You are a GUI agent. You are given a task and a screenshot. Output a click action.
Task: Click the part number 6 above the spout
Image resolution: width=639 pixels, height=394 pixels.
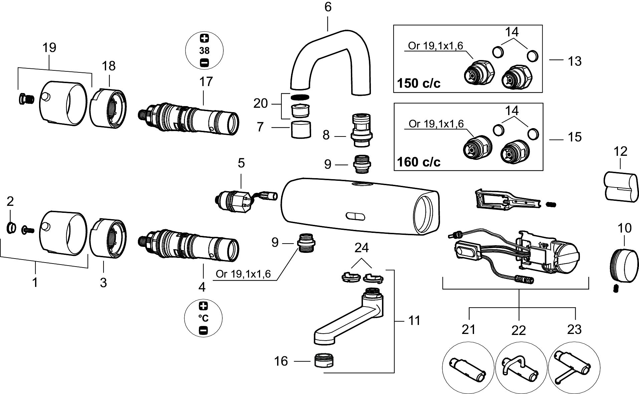pos(328,7)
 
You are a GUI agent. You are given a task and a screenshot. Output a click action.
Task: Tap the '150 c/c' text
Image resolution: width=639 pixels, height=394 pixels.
pos(419,83)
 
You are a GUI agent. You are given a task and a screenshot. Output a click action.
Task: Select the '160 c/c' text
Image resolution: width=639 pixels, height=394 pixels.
pos(419,162)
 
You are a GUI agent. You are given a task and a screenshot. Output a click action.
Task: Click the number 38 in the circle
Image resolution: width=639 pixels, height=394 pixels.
pos(204,51)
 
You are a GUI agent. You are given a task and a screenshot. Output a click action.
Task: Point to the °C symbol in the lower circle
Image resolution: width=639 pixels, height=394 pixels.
pos(204,318)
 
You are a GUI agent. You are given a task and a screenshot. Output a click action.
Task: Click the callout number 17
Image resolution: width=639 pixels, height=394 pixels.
pos(206,81)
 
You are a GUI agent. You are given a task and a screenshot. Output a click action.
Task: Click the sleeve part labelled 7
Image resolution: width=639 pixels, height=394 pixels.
pos(302,129)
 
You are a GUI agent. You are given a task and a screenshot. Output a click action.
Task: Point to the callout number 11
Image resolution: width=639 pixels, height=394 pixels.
pos(414,321)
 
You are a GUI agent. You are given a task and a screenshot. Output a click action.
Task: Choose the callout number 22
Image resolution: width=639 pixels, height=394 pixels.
pos(518,330)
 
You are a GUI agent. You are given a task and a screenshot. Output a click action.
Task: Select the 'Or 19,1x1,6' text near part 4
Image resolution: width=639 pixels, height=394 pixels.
pos(243,274)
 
